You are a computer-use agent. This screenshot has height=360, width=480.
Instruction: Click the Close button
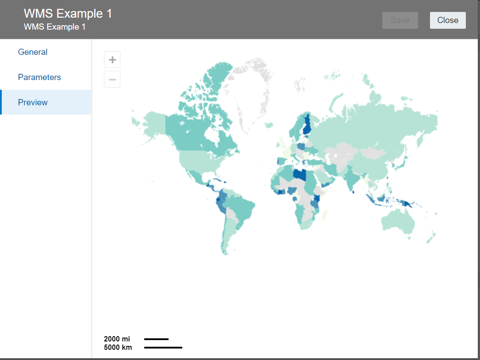click(x=448, y=20)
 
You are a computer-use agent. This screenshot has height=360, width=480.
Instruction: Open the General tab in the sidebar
click(x=33, y=52)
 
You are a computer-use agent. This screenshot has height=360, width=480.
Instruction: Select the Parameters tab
click(x=39, y=77)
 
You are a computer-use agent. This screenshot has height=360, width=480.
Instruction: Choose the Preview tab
click(x=33, y=103)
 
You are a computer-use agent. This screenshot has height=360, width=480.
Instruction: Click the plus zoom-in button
click(x=112, y=60)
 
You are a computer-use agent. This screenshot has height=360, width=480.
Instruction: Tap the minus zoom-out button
click(x=112, y=80)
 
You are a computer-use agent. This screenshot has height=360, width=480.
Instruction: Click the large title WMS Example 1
click(x=68, y=14)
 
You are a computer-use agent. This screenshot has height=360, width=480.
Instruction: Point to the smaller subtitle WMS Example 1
click(x=54, y=27)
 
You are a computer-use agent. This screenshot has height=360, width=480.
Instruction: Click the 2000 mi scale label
click(x=117, y=339)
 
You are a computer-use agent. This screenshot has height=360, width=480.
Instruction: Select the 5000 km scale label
click(x=118, y=348)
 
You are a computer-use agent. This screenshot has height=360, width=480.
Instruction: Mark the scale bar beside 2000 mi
click(x=156, y=339)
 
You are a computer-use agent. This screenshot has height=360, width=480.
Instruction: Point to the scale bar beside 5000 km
click(x=163, y=348)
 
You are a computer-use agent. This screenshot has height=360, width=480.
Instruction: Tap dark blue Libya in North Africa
click(x=300, y=175)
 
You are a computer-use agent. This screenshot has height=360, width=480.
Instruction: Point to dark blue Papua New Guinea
click(x=409, y=204)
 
